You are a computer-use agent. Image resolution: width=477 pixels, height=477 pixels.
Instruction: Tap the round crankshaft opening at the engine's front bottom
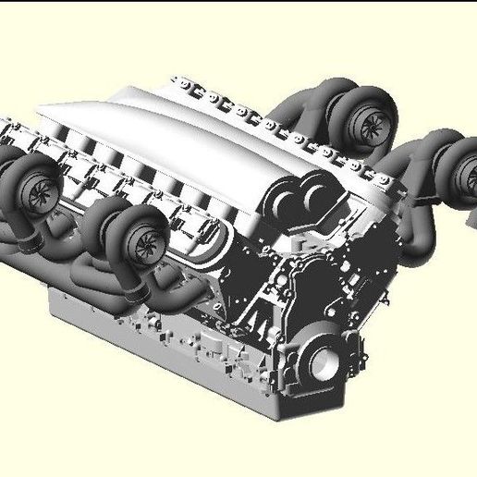pyautogui.click(x=326, y=363)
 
